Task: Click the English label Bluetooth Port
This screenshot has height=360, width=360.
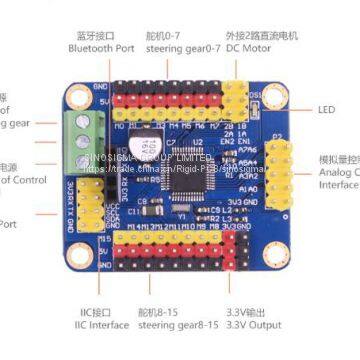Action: point(97,47)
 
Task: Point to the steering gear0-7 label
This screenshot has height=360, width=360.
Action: point(183,47)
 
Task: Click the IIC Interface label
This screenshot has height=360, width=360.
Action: point(100,324)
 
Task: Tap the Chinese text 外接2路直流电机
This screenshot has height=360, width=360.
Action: point(267,33)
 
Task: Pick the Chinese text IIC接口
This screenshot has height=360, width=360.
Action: point(101,311)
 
